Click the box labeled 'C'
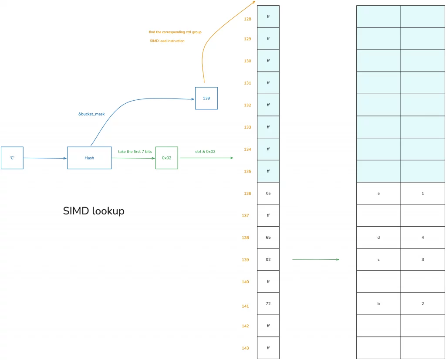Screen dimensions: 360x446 tap(12, 158)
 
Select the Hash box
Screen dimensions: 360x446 tap(89, 158)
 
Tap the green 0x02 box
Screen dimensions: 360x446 tap(167, 158)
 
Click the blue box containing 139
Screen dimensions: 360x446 tap(206, 98)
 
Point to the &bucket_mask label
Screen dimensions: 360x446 tap(91, 114)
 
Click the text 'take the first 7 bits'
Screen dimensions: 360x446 tap(135, 152)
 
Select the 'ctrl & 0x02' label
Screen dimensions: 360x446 tap(205, 152)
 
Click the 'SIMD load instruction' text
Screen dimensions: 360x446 tap(167, 41)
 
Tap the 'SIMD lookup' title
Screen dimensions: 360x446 tap(94, 211)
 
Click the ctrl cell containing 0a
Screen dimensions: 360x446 tap(268, 193)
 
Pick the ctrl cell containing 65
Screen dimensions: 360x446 tap(268, 238)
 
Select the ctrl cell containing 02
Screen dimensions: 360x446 tap(268, 259)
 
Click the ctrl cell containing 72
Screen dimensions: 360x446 tap(268, 303)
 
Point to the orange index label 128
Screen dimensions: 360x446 tap(247, 19)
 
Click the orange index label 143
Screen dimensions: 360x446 tap(246, 348)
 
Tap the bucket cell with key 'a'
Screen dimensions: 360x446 tap(378, 193)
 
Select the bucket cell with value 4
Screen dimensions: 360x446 tap(423, 238)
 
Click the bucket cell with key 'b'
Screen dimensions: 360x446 tap(378, 303)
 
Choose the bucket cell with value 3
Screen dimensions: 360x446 tap(423, 259)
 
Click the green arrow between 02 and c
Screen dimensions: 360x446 tap(316, 259)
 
